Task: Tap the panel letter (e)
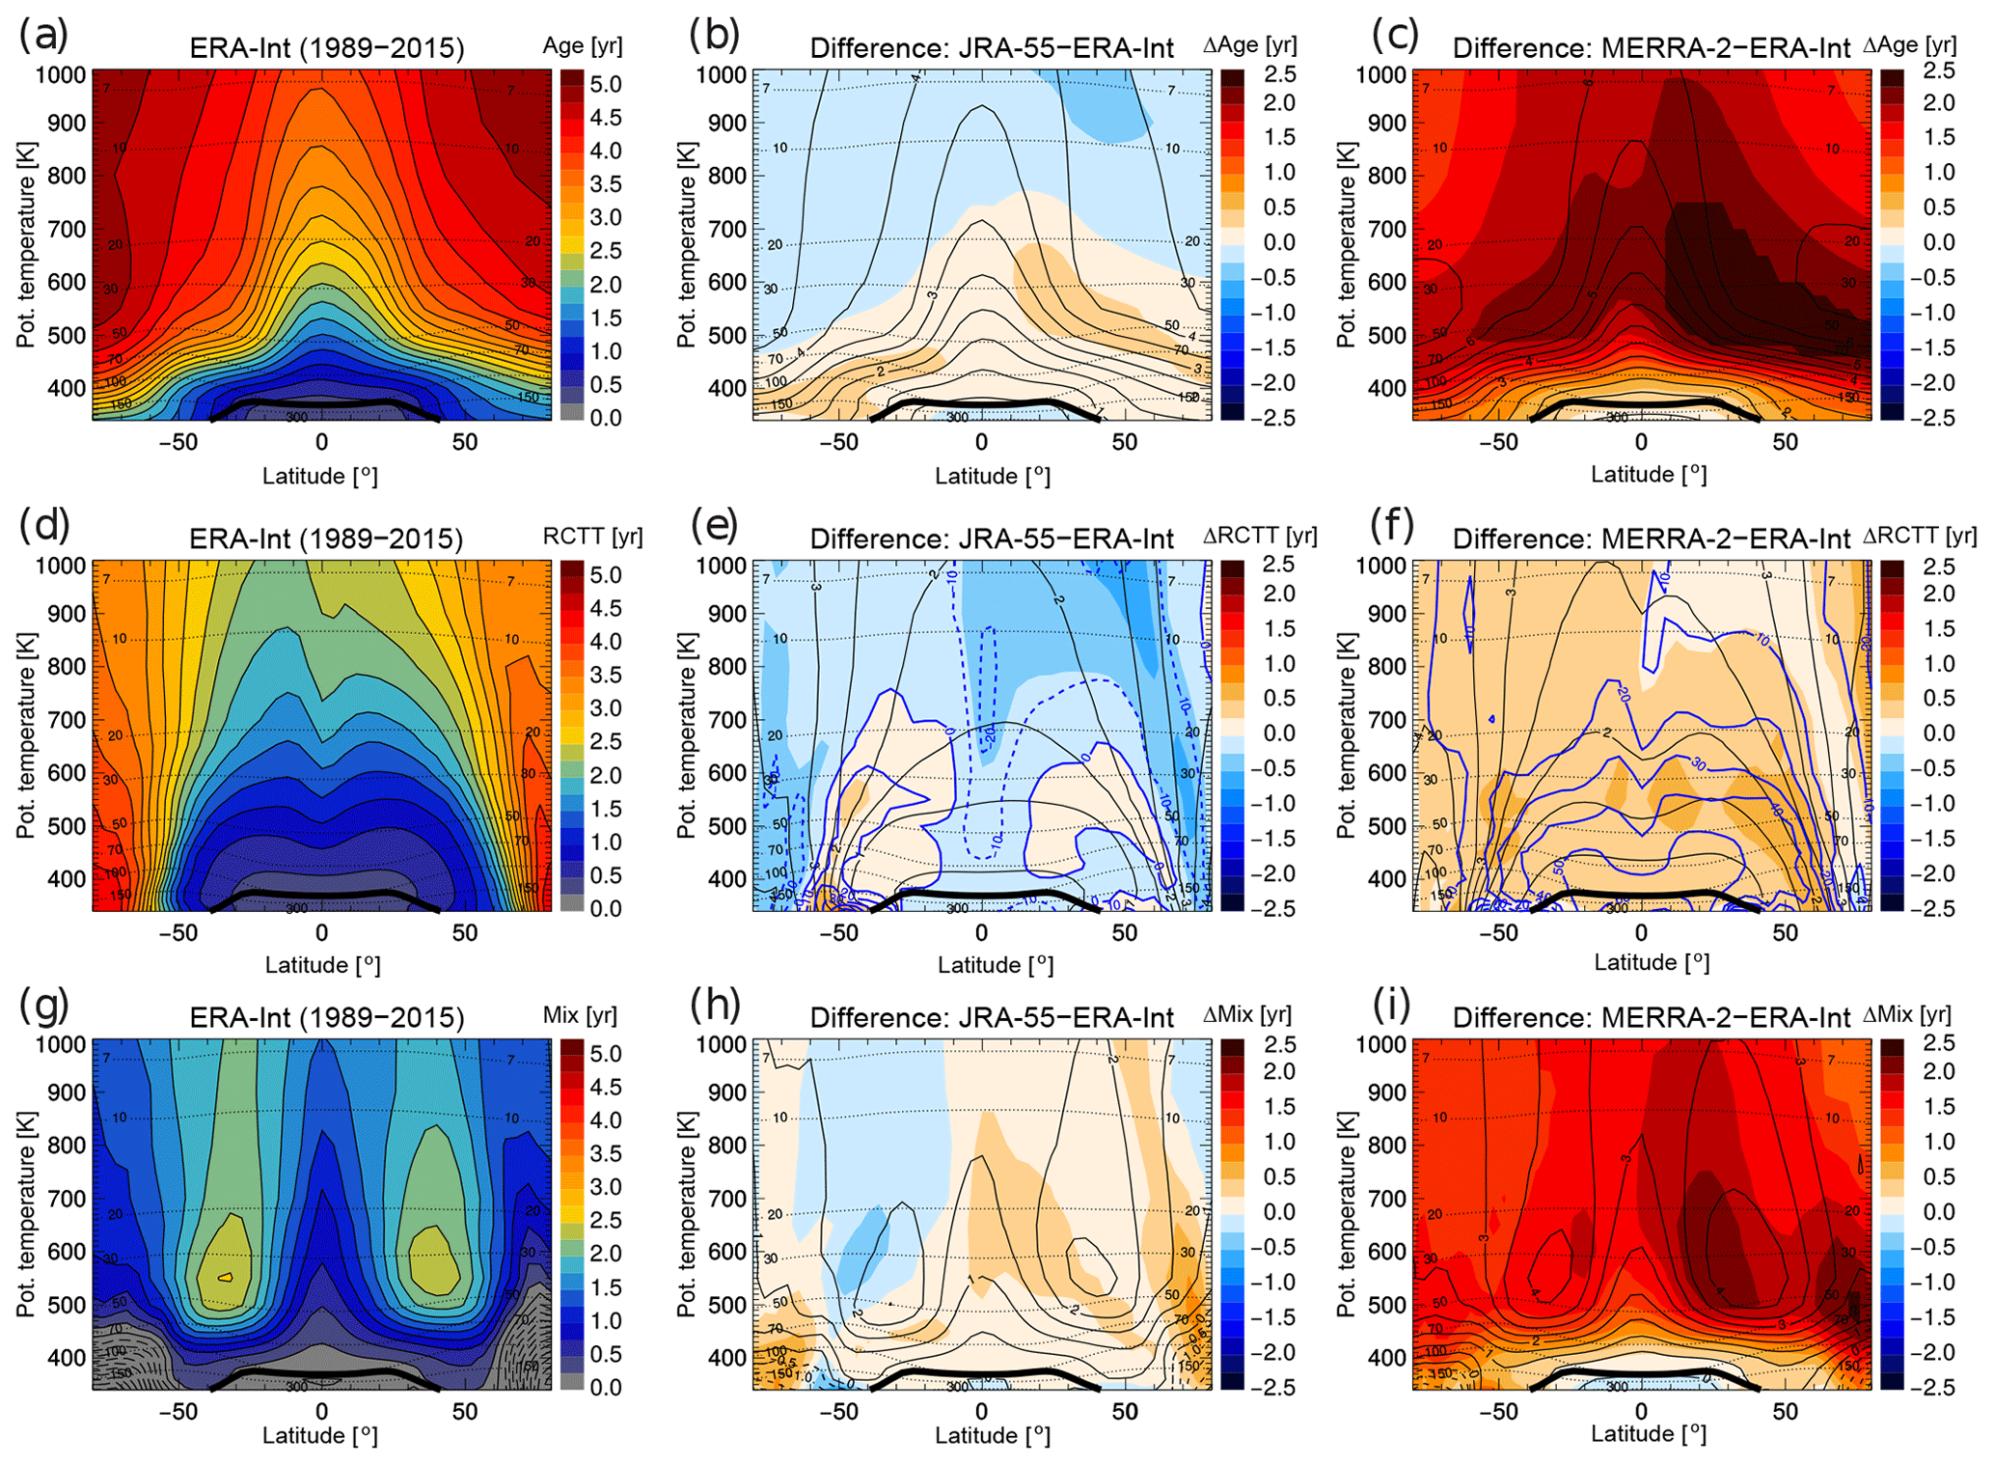click(x=714, y=525)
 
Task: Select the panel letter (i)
click(x=1390, y=1005)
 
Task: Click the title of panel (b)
click(x=992, y=48)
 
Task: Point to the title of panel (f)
click(x=1651, y=539)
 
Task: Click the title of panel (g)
click(x=326, y=1017)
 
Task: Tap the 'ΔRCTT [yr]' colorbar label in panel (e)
click(x=1259, y=536)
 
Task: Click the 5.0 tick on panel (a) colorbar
click(x=605, y=85)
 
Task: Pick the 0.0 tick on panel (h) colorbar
click(x=1279, y=1212)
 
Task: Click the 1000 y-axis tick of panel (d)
click(x=62, y=566)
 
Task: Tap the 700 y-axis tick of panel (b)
click(x=727, y=230)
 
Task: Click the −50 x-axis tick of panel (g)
click(x=178, y=1411)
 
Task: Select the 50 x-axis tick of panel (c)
click(x=1785, y=442)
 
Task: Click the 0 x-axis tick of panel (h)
click(x=981, y=1411)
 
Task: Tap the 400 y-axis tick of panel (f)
click(x=1387, y=879)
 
